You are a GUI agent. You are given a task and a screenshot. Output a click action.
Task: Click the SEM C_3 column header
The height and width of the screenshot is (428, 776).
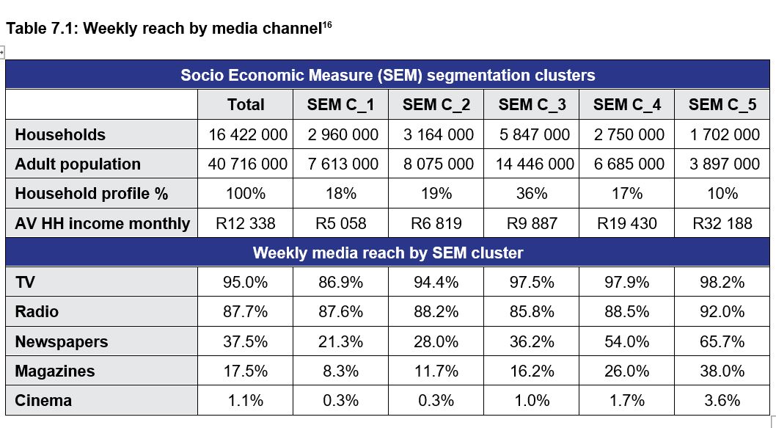[532, 105]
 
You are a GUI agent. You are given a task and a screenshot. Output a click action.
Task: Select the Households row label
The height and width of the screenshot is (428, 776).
[60, 135]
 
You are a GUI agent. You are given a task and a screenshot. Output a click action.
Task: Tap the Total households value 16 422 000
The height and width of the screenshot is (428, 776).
[246, 135]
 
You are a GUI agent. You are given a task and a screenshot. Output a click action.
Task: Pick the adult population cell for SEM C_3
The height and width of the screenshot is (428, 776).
[532, 164]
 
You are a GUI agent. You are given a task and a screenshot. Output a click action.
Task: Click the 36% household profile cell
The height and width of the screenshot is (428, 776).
[532, 194]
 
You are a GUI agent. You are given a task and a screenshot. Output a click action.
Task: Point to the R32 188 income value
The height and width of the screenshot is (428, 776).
[722, 223]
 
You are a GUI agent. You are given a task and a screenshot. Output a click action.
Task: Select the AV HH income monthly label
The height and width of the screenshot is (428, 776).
[102, 223]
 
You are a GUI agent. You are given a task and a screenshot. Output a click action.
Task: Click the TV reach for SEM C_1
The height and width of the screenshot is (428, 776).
[341, 283]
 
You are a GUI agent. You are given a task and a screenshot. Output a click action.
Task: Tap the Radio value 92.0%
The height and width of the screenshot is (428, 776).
[722, 312]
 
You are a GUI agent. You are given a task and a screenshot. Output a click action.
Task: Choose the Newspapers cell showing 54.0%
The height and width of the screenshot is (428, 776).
[627, 341]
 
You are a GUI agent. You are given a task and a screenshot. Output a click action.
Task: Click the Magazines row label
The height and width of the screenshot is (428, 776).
[55, 371]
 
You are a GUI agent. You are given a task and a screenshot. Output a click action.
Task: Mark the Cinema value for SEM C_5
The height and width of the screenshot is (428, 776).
[722, 401]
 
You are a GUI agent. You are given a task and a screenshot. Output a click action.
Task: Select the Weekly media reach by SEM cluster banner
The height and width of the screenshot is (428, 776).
[388, 253]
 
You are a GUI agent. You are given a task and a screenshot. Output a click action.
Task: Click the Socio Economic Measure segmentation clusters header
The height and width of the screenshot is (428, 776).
[388, 75]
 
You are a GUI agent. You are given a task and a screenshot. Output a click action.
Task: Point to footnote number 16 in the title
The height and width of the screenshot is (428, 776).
[327, 25]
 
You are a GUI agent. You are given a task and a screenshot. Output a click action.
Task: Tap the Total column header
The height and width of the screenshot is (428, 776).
[246, 105]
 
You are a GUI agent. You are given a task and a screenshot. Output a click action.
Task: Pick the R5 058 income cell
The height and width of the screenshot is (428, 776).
[341, 223]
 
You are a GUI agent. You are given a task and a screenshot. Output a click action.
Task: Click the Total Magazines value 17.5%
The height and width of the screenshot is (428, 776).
[246, 371]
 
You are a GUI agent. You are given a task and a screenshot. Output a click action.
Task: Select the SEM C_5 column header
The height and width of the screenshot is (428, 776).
[722, 105]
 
